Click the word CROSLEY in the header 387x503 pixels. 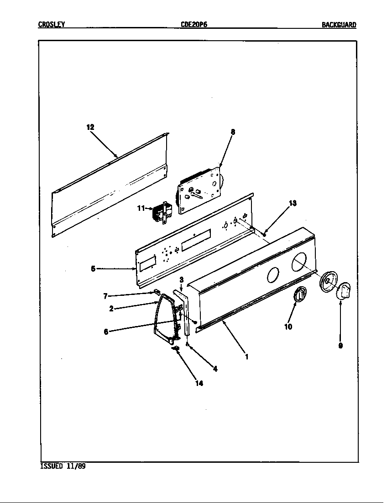pyautogui.click(x=51, y=25)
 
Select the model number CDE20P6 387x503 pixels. pyautogui.click(x=194, y=25)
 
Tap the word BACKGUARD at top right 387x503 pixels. pyautogui.click(x=339, y=25)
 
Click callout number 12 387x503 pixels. pyautogui.click(x=90, y=127)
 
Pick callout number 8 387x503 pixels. pyautogui.click(x=233, y=132)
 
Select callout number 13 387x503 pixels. pyautogui.click(x=293, y=203)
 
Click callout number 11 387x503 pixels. pyautogui.click(x=141, y=208)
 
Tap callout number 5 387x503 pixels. pyautogui.click(x=93, y=269)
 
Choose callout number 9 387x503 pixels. pyautogui.click(x=340, y=346)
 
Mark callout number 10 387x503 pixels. pyautogui.click(x=288, y=327)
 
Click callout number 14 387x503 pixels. pyautogui.click(x=199, y=383)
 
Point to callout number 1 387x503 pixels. pyautogui.click(x=247, y=357)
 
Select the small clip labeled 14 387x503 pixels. pyautogui.click(x=176, y=349)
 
